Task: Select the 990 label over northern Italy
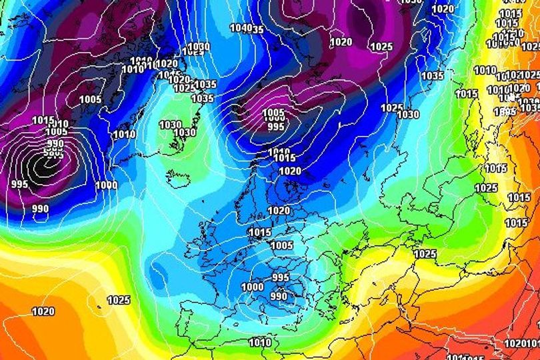279,297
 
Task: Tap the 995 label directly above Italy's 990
281,277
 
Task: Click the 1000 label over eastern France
252,287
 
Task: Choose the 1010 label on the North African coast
260,343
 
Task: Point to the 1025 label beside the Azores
118,300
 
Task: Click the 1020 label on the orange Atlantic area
43,311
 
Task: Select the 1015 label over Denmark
259,232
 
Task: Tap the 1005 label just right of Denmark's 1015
282,245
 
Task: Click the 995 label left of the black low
19,183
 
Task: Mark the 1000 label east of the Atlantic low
106,185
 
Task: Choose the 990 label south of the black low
41,209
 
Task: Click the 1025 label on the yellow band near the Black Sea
425,254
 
